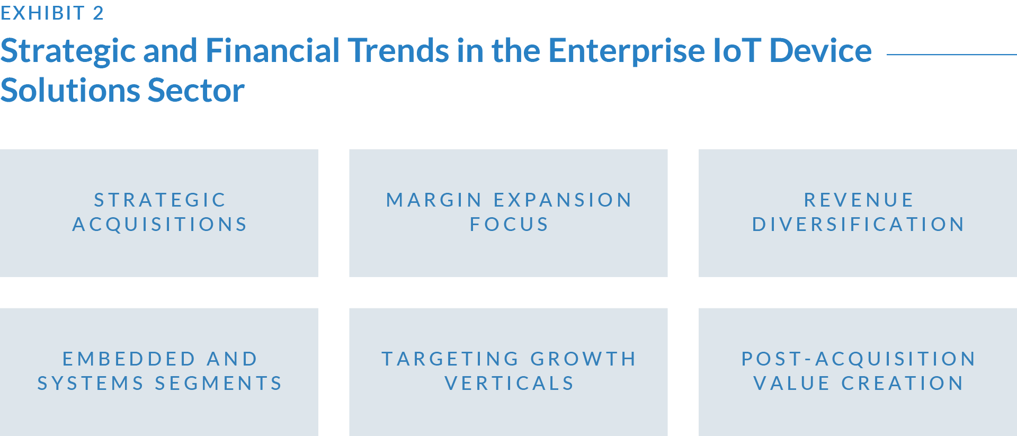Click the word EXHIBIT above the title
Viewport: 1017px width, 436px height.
coord(42,13)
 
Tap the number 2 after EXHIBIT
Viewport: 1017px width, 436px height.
coord(99,13)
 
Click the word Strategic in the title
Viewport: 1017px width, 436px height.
coord(68,52)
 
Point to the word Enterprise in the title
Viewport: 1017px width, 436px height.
coord(627,52)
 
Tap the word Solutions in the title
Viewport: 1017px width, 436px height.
coord(70,90)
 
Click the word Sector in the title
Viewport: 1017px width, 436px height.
coord(196,90)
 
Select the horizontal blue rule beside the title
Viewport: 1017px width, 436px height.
coord(952,54)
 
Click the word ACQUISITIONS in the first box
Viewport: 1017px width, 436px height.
coord(160,224)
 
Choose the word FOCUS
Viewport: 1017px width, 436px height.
coord(509,224)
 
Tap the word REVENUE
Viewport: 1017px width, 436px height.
coord(859,200)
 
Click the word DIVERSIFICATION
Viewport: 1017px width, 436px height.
coord(858,224)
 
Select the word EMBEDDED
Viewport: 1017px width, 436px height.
coord(129,359)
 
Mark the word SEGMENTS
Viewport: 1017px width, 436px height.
coord(218,383)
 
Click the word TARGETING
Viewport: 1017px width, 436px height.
coord(450,359)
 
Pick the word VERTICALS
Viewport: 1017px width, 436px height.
coord(509,383)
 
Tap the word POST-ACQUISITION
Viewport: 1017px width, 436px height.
coord(858,359)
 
